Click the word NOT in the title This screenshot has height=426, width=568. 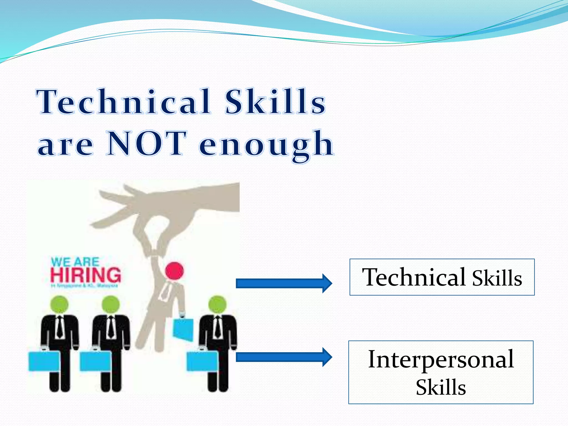click(x=146, y=143)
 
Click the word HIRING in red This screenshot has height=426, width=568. click(x=86, y=275)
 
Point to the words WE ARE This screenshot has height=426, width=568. click(x=75, y=262)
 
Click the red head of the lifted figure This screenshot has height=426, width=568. click(x=174, y=270)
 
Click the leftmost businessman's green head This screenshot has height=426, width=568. click(x=60, y=304)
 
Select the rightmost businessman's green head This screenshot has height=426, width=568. click(x=217, y=304)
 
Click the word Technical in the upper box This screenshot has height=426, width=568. click(x=414, y=277)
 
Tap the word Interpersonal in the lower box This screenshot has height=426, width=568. click(x=441, y=359)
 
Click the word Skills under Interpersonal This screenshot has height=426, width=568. click(x=441, y=387)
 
